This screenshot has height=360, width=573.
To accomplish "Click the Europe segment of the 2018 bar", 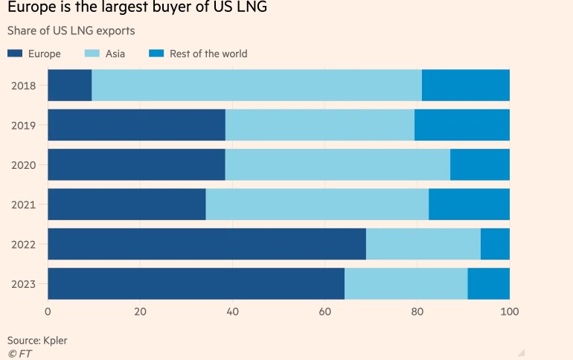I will coord(70,86).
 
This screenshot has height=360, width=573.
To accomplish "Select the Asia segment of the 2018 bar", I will coord(257,86).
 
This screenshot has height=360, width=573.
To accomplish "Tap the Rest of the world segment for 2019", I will coord(462,125).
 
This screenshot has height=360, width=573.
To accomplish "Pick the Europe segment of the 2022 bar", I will coord(207,244).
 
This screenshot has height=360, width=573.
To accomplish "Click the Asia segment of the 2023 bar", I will coord(406,283).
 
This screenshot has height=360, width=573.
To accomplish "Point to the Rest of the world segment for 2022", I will coord(495,244).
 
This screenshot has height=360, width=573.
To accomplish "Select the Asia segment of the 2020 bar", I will coord(338,164).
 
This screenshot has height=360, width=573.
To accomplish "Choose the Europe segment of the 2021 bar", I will coord(127,205).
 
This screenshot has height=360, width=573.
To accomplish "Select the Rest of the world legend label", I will coord(208,54).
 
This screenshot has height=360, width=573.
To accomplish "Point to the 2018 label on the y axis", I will coord(24,86).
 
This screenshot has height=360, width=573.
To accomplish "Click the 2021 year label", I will coord(24,205).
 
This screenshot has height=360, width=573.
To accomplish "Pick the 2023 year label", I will coord(24,283).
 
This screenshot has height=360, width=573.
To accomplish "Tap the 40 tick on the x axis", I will coord(232,311).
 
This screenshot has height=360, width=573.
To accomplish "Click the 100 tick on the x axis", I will coord(510,311).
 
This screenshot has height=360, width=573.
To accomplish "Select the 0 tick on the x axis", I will coord(48,311).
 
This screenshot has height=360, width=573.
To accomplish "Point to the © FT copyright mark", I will coord(18,353).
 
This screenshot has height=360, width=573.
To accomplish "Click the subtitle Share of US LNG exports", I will coord(71,31).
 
